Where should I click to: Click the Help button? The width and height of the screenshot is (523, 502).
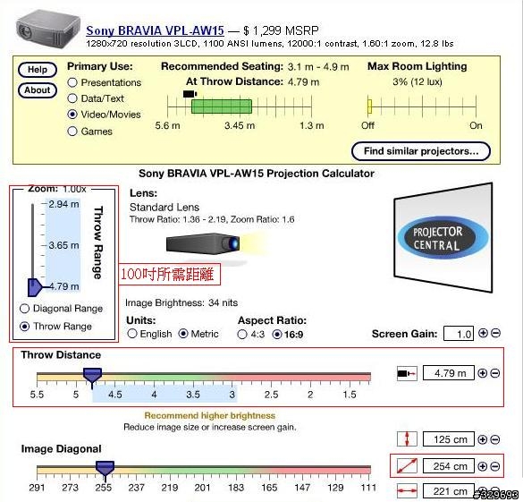pyautogui.click(x=38, y=70)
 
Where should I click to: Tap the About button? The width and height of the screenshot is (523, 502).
pyautogui.click(x=38, y=90)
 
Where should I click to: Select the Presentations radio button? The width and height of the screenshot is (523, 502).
pyautogui.click(x=72, y=82)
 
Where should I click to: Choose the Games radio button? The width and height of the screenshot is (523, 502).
pyautogui.click(x=72, y=132)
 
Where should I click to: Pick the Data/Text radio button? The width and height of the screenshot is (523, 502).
pyautogui.click(x=72, y=98)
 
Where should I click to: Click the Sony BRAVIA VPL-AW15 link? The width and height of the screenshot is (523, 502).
pyautogui.click(x=155, y=30)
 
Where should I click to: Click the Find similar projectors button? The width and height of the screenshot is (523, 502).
pyautogui.click(x=421, y=151)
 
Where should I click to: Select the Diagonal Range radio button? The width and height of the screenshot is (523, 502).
pyautogui.click(x=25, y=309)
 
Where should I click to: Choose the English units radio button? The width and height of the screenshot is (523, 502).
pyautogui.click(x=132, y=334)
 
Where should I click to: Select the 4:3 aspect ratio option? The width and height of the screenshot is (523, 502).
pyautogui.click(x=242, y=334)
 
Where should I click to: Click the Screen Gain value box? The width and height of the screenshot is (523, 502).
pyautogui.click(x=459, y=334)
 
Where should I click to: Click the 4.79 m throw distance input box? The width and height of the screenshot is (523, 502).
pyautogui.click(x=449, y=373)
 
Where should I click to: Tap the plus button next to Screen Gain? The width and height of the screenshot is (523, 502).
pyautogui.click(x=483, y=333)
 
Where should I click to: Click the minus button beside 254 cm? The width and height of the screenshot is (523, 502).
pyautogui.click(x=495, y=466)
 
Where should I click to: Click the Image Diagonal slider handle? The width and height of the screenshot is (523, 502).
pyautogui.click(x=105, y=469)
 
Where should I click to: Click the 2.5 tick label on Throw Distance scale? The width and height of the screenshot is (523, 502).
pyautogui.click(x=271, y=395)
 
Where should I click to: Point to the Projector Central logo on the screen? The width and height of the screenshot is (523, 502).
pyautogui.click(x=443, y=238)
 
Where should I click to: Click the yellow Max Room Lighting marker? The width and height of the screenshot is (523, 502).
pyautogui.click(x=369, y=106)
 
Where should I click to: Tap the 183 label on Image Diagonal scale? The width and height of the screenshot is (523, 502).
pyautogui.click(x=236, y=488)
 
